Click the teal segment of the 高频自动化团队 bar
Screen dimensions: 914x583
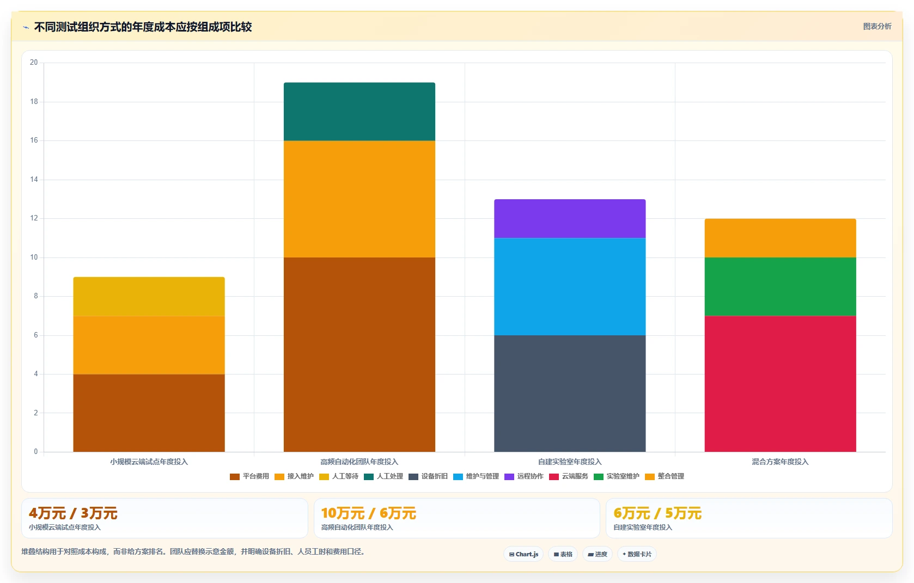tap(359, 112)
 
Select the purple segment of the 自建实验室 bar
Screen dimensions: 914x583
tap(570, 218)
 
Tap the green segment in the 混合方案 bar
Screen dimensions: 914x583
tap(780, 287)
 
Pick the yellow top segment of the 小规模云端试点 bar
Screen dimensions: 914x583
tap(149, 297)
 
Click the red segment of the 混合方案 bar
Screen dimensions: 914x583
tap(780, 384)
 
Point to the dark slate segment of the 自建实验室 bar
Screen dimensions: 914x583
tap(570, 394)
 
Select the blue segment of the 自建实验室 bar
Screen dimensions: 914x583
tap(570, 287)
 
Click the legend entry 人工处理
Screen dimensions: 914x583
tap(383, 476)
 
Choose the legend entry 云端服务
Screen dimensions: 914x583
tap(569, 476)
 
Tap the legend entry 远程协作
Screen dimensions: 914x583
tap(524, 476)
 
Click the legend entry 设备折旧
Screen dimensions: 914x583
tap(428, 476)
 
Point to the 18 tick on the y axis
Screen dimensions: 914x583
tap(34, 101)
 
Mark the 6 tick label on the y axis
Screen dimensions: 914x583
tap(36, 335)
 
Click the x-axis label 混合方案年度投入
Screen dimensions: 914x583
tap(780, 462)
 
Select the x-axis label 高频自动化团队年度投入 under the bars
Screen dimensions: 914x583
tap(359, 462)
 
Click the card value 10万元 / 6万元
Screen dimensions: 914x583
tap(368, 513)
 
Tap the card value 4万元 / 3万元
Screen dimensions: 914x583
tap(73, 513)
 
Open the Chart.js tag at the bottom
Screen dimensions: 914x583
tap(523, 554)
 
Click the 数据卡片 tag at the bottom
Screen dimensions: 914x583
tap(637, 554)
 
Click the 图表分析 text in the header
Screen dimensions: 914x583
tap(878, 27)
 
